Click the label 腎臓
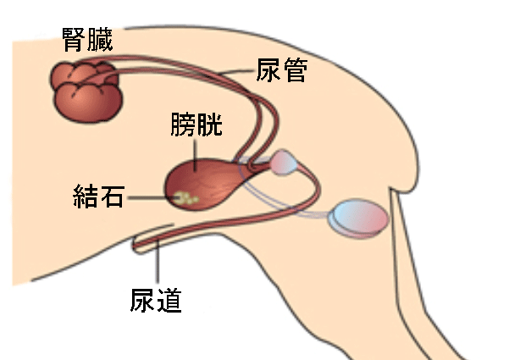(87, 40)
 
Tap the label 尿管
(282, 69)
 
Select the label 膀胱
(196, 125)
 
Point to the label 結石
(98, 196)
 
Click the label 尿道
(156, 301)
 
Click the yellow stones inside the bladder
(185, 198)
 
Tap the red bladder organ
(207, 184)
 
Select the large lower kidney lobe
(88, 102)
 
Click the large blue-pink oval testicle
(359, 219)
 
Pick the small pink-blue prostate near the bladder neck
(285, 163)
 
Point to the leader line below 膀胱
(195, 155)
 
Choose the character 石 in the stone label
(112, 196)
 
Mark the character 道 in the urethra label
(169, 301)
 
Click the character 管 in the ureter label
(295, 69)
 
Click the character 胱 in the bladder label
(210, 125)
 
